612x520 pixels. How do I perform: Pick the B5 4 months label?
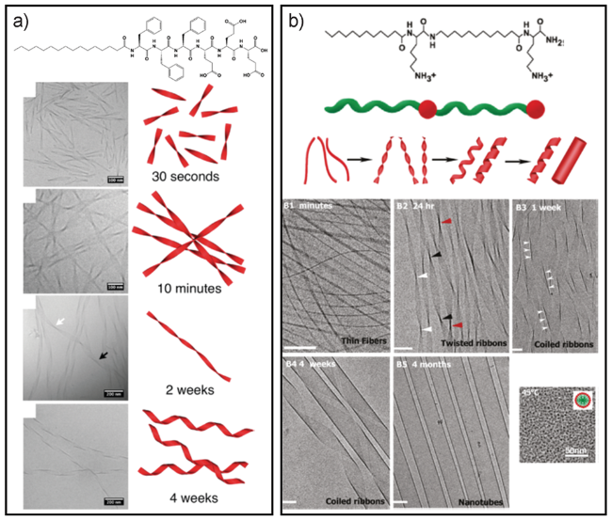[x=424, y=364]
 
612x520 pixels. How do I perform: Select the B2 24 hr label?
[x=421, y=206]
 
